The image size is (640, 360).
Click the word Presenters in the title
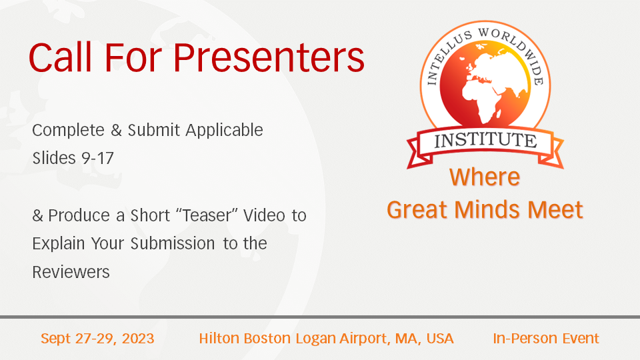click(x=269, y=57)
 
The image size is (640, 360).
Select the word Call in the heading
click(x=60, y=57)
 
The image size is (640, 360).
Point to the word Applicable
click(x=224, y=131)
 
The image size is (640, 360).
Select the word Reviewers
click(x=71, y=272)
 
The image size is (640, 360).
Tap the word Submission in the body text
click(x=173, y=244)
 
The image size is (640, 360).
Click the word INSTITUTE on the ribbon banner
click(x=485, y=141)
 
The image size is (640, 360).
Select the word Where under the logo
click(x=485, y=177)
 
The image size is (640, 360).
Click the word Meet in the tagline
click(x=555, y=210)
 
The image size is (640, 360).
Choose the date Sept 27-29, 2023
click(x=97, y=339)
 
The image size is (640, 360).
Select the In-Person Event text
click(x=546, y=339)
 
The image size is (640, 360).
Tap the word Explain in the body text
click(x=59, y=244)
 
